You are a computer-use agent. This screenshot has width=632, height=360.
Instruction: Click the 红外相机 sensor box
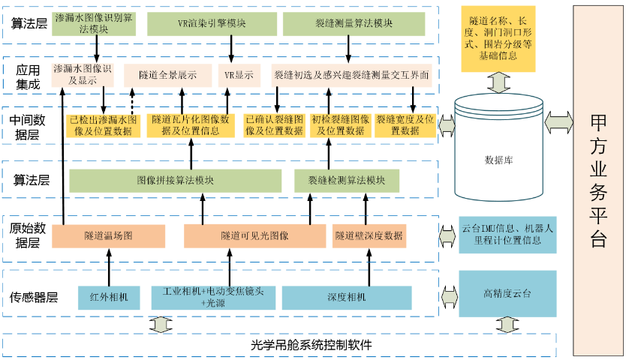click(x=109, y=297)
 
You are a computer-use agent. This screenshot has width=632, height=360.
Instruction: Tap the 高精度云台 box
click(x=507, y=292)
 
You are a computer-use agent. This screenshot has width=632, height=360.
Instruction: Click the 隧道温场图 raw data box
click(x=108, y=235)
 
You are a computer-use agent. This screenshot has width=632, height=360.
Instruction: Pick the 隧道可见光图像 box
click(x=254, y=235)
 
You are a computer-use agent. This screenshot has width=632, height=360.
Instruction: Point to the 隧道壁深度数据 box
click(x=369, y=235)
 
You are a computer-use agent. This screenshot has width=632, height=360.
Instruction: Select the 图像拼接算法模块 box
click(x=175, y=181)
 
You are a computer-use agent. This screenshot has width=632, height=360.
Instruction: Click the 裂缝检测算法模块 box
click(x=346, y=181)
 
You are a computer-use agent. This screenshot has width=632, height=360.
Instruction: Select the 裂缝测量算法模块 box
click(x=354, y=23)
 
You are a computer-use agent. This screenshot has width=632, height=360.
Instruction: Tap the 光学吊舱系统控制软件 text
click(x=311, y=345)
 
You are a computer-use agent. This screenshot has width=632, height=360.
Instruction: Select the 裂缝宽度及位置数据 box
click(x=405, y=124)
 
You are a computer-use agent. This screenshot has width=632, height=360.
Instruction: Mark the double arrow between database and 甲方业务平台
click(x=558, y=120)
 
